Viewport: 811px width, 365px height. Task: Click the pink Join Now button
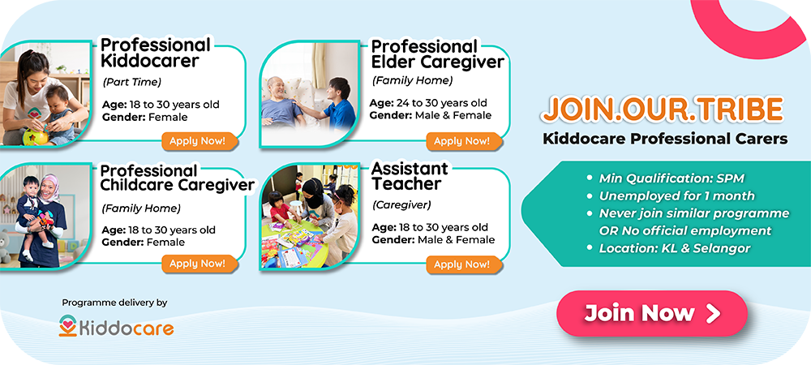click(652, 313)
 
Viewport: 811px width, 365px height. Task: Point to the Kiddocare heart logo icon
click(68, 326)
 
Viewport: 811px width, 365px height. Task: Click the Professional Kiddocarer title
click(155, 53)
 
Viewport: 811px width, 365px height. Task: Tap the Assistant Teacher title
click(409, 176)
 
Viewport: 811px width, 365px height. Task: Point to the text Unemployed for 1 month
click(676, 196)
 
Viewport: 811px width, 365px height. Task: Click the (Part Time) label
click(132, 82)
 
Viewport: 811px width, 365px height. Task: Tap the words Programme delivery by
click(115, 303)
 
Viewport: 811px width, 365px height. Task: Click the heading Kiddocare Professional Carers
click(665, 139)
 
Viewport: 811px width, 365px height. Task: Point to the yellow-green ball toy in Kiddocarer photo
click(35, 136)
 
